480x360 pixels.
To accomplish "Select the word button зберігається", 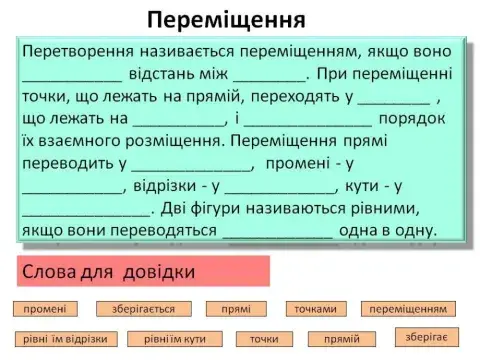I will click(x=144, y=309).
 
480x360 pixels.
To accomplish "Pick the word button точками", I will click(x=314, y=309).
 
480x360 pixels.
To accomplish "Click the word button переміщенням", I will click(x=408, y=309).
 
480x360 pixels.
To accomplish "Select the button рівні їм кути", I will click(x=181, y=339).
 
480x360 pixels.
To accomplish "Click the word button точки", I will click(x=263, y=339).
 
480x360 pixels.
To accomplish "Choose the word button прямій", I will click(x=342, y=339).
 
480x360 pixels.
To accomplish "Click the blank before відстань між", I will click(x=72, y=73).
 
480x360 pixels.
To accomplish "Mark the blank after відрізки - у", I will click(x=284, y=186).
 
